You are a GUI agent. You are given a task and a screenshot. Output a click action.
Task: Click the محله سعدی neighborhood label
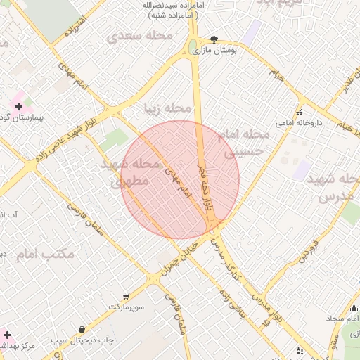(x=136, y=35)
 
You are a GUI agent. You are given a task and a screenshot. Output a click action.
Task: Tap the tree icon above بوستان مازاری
(x=214, y=39)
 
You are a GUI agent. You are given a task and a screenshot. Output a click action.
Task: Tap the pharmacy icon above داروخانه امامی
(x=299, y=112)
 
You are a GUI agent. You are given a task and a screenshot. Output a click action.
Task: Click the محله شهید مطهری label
(x=131, y=172)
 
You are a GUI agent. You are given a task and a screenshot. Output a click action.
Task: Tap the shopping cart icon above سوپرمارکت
(x=126, y=297)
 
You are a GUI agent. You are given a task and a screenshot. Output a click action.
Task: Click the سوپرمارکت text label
(x=126, y=308)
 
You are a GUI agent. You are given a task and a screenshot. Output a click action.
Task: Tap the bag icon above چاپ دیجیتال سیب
(x=83, y=329)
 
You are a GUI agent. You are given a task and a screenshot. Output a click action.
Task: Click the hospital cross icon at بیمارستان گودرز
(x=18, y=106)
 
